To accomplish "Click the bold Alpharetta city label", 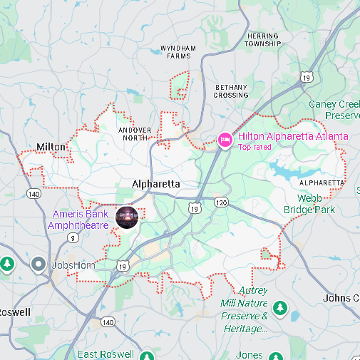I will [156, 184].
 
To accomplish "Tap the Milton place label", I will [51, 147].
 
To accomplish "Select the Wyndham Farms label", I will [178, 52].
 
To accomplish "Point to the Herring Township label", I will [263, 40].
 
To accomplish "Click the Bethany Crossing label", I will [231, 91].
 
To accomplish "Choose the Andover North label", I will [135, 134].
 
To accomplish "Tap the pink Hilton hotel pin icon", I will [225, 139].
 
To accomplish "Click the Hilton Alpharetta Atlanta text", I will [293, 136].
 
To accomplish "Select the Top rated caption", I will [254, 148].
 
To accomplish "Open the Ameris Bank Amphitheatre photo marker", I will [126, 217].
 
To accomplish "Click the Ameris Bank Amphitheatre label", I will [78, 220].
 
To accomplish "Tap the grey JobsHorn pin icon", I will [39, 265].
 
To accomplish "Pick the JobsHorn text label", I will [74, 266].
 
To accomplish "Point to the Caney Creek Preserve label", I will [334, 109].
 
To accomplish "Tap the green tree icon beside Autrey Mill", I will [280, 308].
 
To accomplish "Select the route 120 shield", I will [221, 203].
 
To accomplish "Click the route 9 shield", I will [73, 237].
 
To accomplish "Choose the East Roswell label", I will [106, 354].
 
